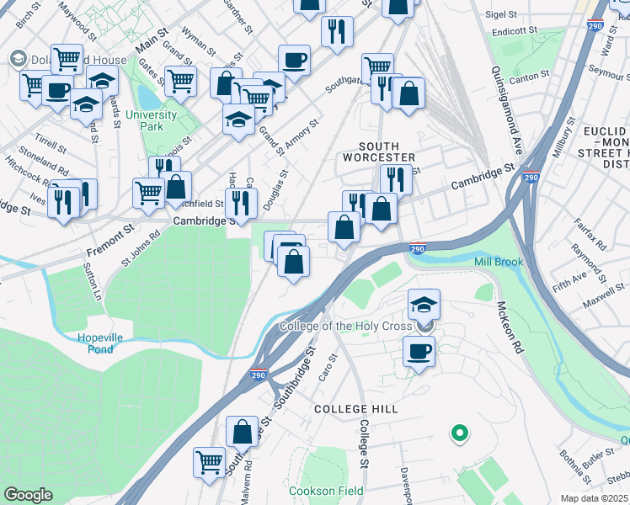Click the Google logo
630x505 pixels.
click(x=29, y=495)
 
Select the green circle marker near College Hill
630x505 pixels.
click(x=459, y=433)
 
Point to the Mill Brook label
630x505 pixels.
click(x=498, y=262)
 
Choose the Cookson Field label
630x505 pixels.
click(x=326, y=491)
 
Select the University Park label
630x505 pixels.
click(x=152, y=120)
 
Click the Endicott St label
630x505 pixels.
click(x=515, y=30)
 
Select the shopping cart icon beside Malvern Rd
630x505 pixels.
click(x=210, y=460)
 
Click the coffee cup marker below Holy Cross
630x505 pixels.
click(x=419, y=351)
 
